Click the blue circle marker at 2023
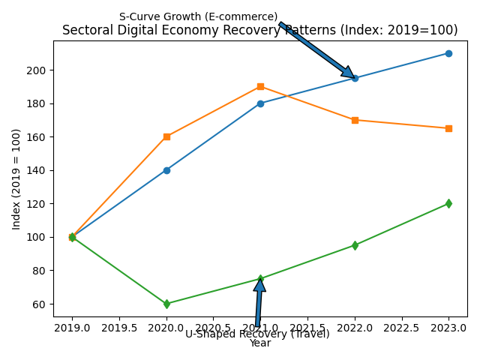click(x=448, y=53)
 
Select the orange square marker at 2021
click(x=260, y=87)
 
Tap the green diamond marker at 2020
click(x=166, y=304)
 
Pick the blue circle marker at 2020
click(x=166, y=170)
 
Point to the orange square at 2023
click(x=448, y=128)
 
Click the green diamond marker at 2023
click(x=448, y=203)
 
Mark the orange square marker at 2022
click(x=355, y=120)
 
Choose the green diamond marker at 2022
click(x=355, y=245)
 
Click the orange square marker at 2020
click(x=166, y=136)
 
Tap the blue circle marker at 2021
click(x=260, y=103)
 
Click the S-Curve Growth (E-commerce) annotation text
click(x=198, y=17)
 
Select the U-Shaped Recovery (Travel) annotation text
click(x=257, y=334)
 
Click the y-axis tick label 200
click(x=38, y=70)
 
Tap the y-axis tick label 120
click(x=38, y=204)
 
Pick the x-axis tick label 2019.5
click(x=119, y=328)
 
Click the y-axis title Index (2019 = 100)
click(x=16, y=178)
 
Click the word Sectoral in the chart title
click(x=85, y=31)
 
